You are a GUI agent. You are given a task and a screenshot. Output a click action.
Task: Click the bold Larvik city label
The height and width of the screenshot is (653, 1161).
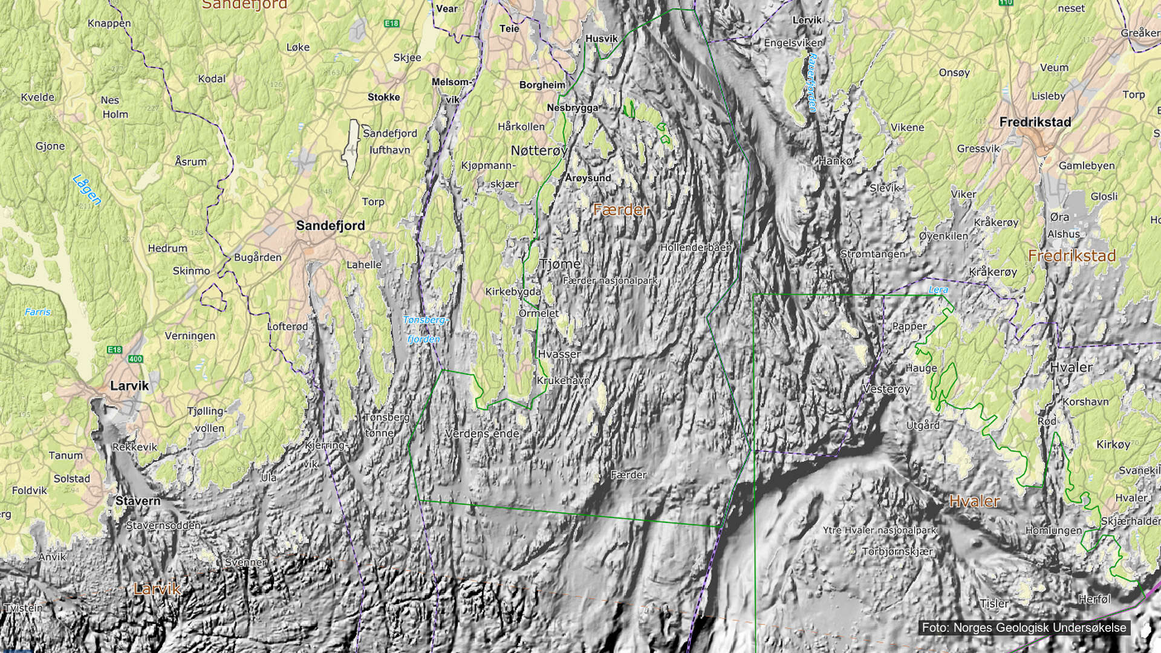129,386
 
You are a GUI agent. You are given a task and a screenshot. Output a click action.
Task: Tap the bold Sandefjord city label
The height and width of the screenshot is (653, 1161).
330,226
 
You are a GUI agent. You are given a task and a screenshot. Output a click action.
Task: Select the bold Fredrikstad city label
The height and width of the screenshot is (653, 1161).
1035,122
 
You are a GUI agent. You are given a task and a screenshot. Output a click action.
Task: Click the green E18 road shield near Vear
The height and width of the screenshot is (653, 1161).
391,24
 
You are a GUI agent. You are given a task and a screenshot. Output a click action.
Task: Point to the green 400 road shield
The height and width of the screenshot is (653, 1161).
135,359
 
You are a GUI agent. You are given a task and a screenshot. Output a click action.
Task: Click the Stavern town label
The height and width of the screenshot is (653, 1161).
138,501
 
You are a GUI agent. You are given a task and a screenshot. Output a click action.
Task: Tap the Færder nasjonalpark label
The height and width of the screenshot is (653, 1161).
610,281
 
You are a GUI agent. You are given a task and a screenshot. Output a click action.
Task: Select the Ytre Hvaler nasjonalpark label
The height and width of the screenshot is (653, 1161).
879,530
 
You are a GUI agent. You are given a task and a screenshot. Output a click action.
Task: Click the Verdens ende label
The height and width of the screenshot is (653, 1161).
482,434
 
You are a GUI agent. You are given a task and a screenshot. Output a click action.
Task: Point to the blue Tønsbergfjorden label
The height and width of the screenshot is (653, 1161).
424,329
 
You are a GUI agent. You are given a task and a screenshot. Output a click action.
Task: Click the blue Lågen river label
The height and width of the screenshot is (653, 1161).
86,189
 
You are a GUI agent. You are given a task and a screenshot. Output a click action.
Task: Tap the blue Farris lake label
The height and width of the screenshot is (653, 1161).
37,312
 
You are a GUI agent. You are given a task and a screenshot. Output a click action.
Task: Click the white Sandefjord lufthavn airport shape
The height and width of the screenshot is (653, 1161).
351,148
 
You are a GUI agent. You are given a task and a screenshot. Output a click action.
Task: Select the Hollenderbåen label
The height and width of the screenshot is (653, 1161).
695,247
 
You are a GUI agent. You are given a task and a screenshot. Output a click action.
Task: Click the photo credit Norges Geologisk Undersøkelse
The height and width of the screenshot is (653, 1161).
1024,628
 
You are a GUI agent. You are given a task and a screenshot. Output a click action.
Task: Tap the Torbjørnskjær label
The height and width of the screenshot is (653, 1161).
897,551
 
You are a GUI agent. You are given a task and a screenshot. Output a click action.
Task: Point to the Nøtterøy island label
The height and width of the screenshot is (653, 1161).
539,151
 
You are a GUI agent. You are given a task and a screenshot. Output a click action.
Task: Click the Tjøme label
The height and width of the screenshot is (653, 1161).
560,264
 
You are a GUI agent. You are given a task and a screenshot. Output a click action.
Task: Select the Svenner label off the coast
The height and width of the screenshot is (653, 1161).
246,562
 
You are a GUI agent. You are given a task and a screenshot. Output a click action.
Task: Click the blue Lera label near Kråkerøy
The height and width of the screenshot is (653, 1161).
938,290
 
